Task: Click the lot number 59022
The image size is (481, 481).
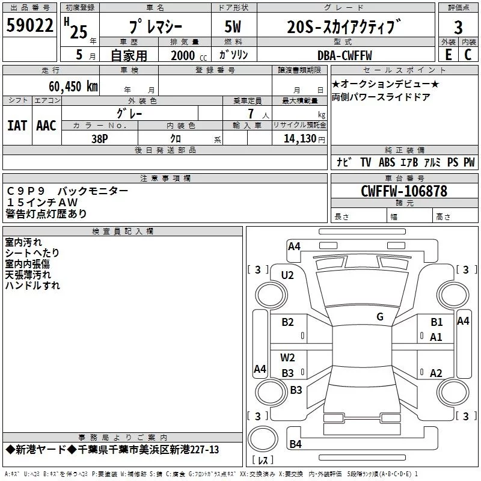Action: click(x=29, y=25)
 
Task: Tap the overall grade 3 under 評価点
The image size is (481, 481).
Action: click(x=458, y=27)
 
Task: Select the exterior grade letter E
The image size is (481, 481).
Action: click(x=449, y=55)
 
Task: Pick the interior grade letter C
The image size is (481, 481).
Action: click(x=468, y=55)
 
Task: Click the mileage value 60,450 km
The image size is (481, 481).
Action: click(x=73, y=87)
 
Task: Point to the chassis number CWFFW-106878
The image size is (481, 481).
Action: click(x=404, y=191)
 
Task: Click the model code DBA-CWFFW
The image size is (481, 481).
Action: click(x=345, y=55)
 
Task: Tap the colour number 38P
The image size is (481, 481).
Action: click(x=100, y=139)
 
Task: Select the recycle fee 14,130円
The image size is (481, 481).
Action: click(x=304, y=139)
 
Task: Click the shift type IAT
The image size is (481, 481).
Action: click(x=17, y=126)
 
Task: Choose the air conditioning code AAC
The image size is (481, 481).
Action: click(x=46, y=126)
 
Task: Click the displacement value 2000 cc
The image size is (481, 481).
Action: click(x=189, y=55)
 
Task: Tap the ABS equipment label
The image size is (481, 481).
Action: click(x=387, y=162)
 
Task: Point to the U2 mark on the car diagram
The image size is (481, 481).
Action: click(x=287, y=275)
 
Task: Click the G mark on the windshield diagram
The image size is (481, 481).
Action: click(x=380, y=316)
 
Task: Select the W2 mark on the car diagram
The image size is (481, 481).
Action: click(x=287, y=357)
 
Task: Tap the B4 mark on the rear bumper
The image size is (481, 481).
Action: click(x=295, y=444)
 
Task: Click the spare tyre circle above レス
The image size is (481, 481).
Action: click(x=263, y=439)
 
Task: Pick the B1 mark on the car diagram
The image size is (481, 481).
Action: click(x=437, y=322)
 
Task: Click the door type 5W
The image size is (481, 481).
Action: click(x=233, y=26)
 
